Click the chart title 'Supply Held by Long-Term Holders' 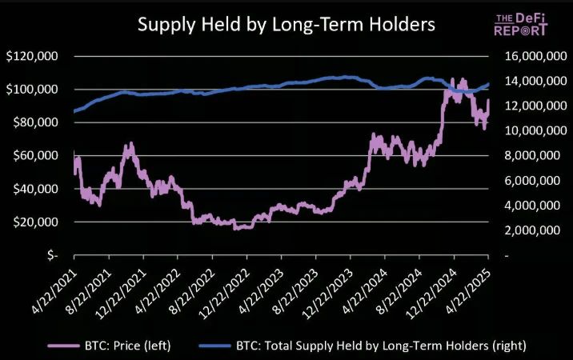[x=286, y=24]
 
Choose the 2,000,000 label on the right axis [x=532, y=230]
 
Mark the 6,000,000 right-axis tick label [x=532, y=181]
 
